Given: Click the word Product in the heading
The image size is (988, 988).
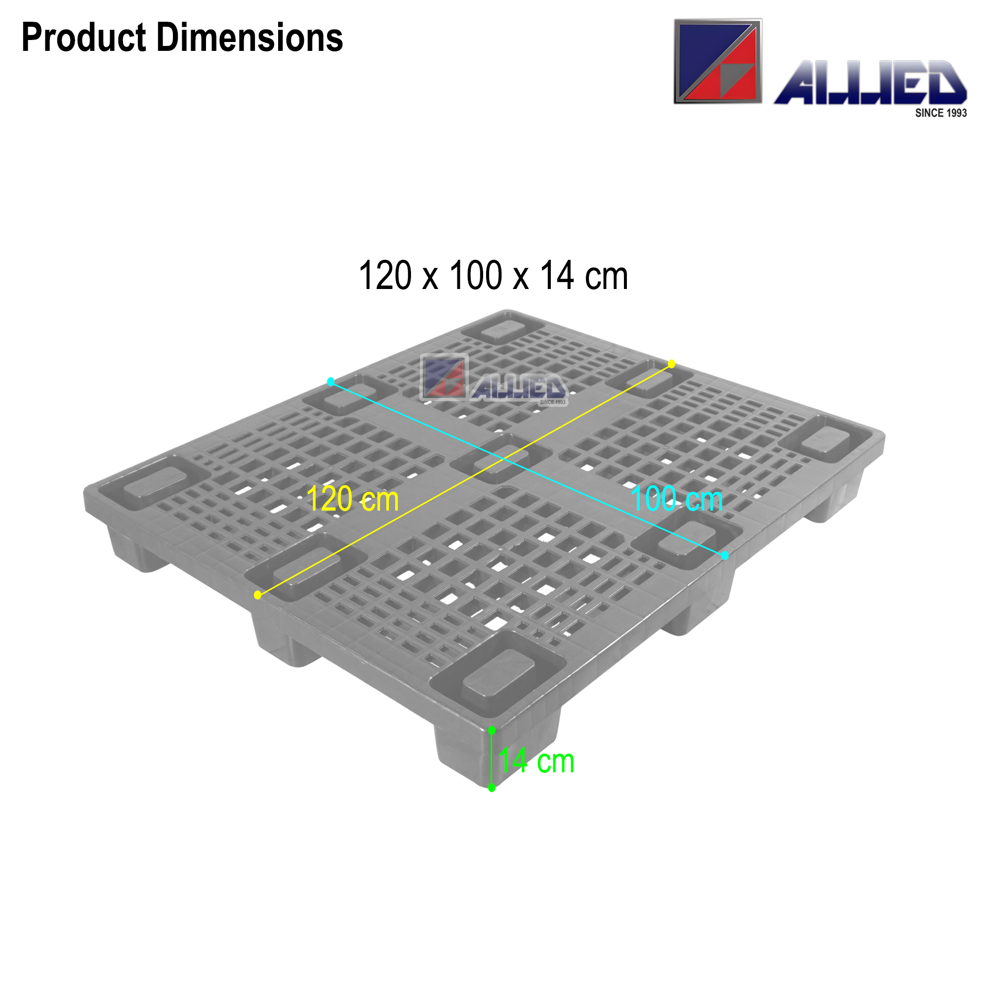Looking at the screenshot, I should pyautogui.click(x=84, y=39).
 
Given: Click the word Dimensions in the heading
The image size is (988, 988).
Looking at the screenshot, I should pyautogui.click(x=249, y=39).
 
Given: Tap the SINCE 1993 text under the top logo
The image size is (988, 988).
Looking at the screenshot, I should pyautogui.click(x=941, y=113).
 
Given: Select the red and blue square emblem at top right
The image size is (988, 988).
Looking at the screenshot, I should pyautogui.click(x=717, y=62).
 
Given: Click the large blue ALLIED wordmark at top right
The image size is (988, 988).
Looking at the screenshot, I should pyautogui.click(x=869, y=83).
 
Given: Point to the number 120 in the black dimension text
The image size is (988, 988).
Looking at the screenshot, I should pyautogui.click(x=384, y=276).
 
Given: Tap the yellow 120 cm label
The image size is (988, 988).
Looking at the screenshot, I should pyautogui.click(x=352, y=499).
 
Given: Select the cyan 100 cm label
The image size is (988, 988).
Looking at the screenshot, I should pyautogui.click(x=677, y=499).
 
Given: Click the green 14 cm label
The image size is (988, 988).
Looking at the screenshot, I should pyautogui.click(x=536, y=761).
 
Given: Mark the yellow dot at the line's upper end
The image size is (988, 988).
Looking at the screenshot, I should pyautogui.click(x=671, y=364).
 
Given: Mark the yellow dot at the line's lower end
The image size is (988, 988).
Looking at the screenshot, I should pyautogui.click(x=258, y=595).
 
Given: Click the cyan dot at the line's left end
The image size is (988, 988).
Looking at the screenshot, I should pyautogui.click(x=331, y=381).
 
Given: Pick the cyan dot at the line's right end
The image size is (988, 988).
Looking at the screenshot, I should pyautogui.click(x=725, y=555).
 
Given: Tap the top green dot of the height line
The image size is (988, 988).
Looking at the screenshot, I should pyautogui.click(x=492, y=730).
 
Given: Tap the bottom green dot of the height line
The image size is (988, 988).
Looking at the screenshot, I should pyautogui.click(x=492, y=788).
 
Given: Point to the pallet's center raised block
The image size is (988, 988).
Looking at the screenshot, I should pyautogui.click(x=501, y=458).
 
